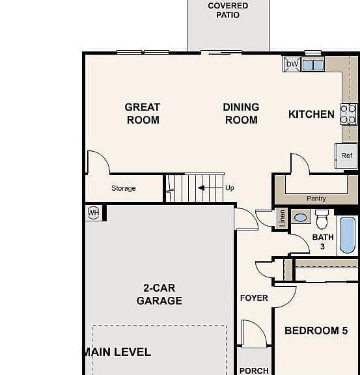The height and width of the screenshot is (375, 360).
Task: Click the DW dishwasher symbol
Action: coord(292,64)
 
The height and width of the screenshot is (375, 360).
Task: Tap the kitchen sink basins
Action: coord(313,65)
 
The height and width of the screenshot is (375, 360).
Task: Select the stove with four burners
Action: coord(348,114)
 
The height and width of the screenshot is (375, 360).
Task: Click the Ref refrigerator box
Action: coord(346,156)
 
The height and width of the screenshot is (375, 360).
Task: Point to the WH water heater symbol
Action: coord(93,213)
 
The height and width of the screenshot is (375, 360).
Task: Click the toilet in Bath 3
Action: coord(322,219)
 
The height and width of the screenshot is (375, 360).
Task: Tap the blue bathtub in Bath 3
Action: coord(348,235)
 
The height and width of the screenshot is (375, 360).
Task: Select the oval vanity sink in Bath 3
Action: coord(301,217)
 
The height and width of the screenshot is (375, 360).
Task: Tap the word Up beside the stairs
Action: coord(230,188)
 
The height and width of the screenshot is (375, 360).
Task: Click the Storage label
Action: coord(124,188)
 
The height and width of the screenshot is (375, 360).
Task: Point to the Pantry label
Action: coord(316,199)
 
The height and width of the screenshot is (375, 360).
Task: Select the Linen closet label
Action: coord(283,218)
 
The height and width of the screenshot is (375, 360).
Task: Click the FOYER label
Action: coord(254,298)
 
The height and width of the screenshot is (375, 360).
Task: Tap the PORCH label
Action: coord(254,370)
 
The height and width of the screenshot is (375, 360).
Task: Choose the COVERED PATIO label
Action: coord(228,10)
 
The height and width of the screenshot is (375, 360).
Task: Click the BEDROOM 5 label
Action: coord(316,331)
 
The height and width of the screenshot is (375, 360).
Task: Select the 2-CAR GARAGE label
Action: coord(159,294)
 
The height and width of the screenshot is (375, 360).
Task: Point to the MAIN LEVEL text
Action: coord(117,352)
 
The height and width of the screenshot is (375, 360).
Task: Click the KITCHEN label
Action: coord(311,115)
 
